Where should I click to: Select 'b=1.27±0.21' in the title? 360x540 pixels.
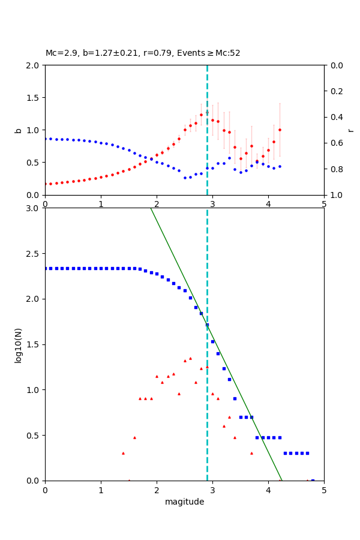pyautogui.click(x=106, y=53)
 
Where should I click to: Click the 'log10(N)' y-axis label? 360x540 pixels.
pyautogui.click(x=18, y=344)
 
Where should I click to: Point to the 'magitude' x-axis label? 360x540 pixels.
pyautogui.click(x=184, y=502)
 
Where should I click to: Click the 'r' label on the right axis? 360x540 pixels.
pyautogui.click(x=350, y=130)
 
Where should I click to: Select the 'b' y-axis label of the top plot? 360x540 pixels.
pyautogui.click(x=18, y=130)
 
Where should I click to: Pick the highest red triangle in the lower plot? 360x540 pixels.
pyautogui.click(x=190, y=358)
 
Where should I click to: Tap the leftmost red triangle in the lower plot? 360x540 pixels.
pyautogui.click(x=123, y=453)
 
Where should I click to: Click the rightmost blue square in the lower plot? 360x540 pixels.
pyautogui.click(x=313, y=480)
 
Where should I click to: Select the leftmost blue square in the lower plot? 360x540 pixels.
pyautogui.click(x=46, y=268)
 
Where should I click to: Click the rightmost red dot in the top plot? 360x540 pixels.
pyautogui.click(x=280, y=130)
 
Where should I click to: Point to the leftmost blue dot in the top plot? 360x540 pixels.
pyautogui.click(x=46, y=139)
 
